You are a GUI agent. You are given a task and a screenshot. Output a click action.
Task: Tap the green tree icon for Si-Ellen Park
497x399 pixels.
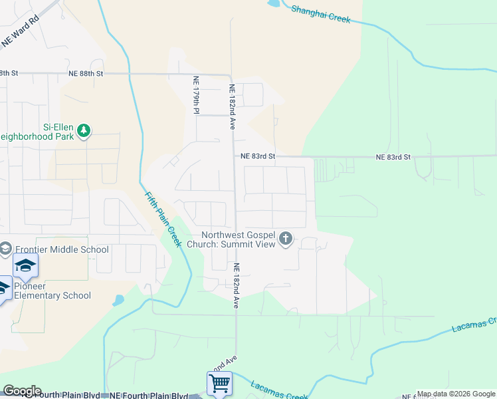click(84, 130)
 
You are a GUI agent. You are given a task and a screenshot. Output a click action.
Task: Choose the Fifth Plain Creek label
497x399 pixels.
click(163, 219)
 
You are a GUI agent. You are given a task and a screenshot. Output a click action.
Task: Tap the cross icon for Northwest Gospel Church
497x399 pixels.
click(286, 238)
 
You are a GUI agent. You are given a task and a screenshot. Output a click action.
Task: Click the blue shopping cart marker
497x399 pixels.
click(219, 383)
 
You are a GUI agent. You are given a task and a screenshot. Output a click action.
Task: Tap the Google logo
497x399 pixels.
click(22, 391)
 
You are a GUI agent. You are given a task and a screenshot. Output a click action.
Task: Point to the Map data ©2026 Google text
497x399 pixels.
click(456, 394)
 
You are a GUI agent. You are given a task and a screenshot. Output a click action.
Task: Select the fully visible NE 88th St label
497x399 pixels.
click(86, 73)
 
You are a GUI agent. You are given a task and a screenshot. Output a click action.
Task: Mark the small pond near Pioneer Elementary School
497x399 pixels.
click(118, 300)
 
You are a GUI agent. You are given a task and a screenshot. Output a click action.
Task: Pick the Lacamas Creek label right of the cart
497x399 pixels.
click(279, 391)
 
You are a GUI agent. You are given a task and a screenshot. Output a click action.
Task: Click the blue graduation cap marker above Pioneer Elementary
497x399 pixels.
click(25, 266)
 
